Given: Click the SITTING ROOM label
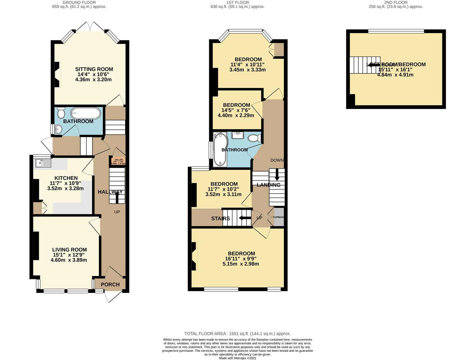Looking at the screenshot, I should (94, 69).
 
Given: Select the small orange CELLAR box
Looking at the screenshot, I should (119, 161).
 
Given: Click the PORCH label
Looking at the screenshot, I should (110, 284).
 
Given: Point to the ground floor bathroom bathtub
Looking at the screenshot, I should (85, 113).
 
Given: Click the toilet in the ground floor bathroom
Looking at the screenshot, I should (61, 113).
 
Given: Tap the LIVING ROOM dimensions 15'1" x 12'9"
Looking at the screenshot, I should (69, 255).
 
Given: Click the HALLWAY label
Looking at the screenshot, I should (110, 192).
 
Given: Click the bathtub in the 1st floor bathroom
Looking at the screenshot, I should (220, 149).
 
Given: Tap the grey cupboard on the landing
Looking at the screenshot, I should (279, 217).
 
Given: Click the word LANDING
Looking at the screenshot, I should (268, 185).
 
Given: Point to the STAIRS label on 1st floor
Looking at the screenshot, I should (221, 219).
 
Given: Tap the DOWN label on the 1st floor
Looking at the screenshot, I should (277, 160).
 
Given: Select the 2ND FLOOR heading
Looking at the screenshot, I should (395, 2).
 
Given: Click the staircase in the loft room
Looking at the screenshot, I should (364, 65).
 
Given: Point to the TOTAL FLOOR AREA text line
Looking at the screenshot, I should (237, 334).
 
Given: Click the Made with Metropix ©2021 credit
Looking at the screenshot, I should (237, 358).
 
